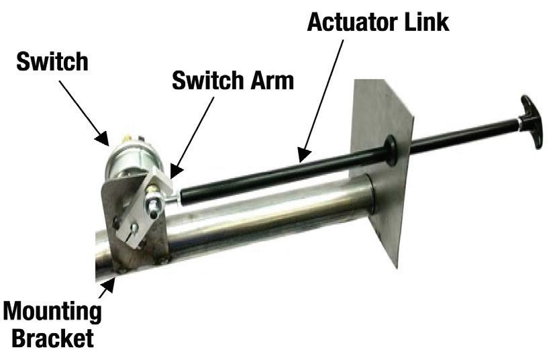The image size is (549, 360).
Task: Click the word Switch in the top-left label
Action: (52, 62)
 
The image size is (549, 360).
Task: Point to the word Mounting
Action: (53, 312)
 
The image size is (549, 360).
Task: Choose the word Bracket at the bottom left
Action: (52, 337)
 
